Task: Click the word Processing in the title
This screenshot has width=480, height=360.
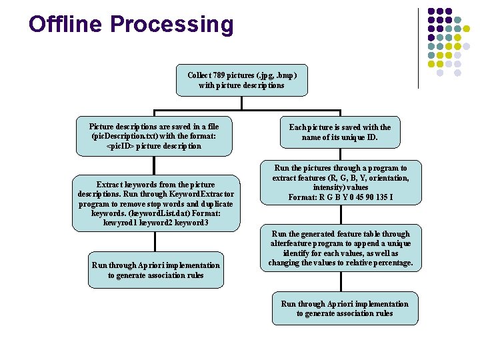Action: [172, 25]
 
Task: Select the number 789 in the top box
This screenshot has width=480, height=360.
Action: [227, 75]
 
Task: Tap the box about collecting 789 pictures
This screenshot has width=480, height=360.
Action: [241, 80]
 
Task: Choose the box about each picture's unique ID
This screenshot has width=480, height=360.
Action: [339, 132]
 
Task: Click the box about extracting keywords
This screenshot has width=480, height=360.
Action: [156, 203]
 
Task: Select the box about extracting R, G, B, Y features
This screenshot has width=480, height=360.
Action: [340, 183]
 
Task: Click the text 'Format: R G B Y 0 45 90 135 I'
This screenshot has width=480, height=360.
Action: [340, 197]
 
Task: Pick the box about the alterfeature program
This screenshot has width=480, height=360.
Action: [340, 249]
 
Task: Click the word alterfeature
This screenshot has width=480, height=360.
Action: [291, 243]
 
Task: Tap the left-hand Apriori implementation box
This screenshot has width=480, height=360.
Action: [155, 270]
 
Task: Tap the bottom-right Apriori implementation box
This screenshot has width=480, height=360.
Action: [345, 308]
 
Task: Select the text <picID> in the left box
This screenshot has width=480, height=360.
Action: [121, 145]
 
